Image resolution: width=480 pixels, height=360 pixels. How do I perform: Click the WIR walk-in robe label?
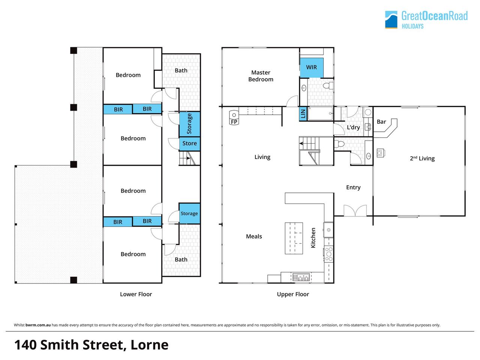tap(311, 67)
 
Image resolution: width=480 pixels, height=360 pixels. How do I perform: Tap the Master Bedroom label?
tap(261, 76)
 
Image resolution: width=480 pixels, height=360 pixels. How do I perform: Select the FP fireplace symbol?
tap(234, 118)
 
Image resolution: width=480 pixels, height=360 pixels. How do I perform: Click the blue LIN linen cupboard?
tap(303, 114)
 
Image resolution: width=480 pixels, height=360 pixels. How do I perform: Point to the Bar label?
tap(381, 122)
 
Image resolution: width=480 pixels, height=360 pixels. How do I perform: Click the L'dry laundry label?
tap(353, 127)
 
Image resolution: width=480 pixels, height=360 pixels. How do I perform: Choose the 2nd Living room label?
tap(422, 158)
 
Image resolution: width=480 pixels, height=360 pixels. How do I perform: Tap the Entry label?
tap(353, 187)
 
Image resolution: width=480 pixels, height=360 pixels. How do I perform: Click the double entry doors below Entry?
tap(355, 211)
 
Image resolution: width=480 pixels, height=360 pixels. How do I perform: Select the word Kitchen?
tap(313, 238)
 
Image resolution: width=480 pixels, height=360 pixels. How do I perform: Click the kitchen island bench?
tap(294, 238)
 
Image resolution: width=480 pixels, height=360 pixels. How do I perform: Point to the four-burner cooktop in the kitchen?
tap(328, 254)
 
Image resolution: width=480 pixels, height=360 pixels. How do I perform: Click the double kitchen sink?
tap(301, 277)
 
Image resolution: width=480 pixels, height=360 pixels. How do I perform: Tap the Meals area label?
tap(254, 236)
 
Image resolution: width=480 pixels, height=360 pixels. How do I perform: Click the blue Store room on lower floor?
tap(190, 144)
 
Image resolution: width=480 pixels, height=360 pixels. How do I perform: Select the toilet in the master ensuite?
tap(328, 85)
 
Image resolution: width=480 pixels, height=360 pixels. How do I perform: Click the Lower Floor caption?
tap(136, 294)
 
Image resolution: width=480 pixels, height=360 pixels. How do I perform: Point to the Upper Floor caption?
tap(293, 294)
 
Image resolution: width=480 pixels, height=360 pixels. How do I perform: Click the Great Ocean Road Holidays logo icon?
tap(391, 19)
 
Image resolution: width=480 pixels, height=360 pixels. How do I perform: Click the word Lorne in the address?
tap(150, 345)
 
